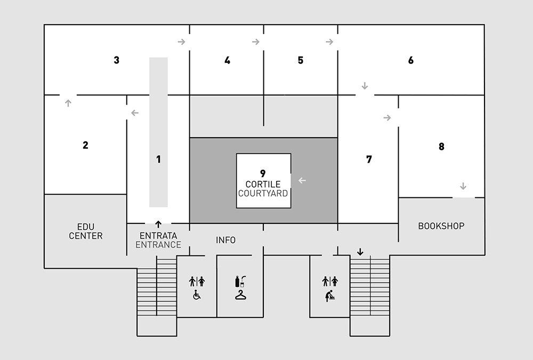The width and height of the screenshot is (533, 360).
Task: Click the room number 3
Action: click(116, 60)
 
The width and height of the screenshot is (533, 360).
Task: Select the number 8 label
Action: click(441, 147)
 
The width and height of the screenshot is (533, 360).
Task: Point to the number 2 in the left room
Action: click(85, 145)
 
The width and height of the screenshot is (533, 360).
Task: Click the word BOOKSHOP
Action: click(441, 226)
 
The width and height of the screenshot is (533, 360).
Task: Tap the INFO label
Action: click(225, 240)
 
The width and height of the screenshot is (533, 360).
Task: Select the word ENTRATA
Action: click(158, 236)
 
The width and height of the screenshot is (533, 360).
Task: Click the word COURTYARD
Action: click(263, 193)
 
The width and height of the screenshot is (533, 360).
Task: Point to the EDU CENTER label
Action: click(85, 231)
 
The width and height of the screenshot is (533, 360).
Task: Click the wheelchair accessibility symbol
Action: click(197, 294)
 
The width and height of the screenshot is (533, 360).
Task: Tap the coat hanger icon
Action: click(239, 294)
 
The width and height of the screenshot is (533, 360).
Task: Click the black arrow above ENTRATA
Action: click(158, 224)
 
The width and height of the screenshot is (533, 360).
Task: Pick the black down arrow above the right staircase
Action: click(360, 252)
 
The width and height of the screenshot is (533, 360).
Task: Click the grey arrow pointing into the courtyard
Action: click(302, 180)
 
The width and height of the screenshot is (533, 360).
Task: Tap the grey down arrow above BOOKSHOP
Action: click(463, 186)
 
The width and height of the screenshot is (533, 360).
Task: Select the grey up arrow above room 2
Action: click(68, 103)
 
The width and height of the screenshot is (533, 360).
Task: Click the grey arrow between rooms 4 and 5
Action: click(256, 42)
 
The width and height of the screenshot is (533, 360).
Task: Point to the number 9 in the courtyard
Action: click(263, 173)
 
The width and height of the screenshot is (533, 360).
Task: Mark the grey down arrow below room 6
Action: click(365, 85)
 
